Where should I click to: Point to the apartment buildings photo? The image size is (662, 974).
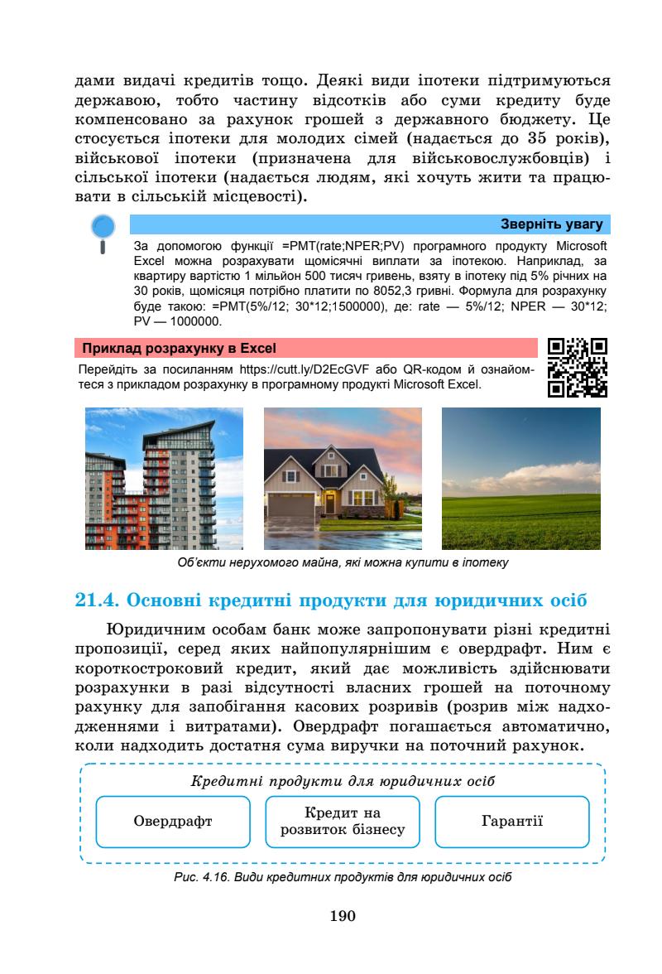[165, 479]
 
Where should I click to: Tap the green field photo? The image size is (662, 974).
[521, 479]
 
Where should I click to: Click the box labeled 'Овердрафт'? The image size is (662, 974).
[173, 822]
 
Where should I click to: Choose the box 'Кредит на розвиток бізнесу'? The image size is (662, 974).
[343, 822]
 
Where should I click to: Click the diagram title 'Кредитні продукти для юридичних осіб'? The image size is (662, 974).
[343, 781]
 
